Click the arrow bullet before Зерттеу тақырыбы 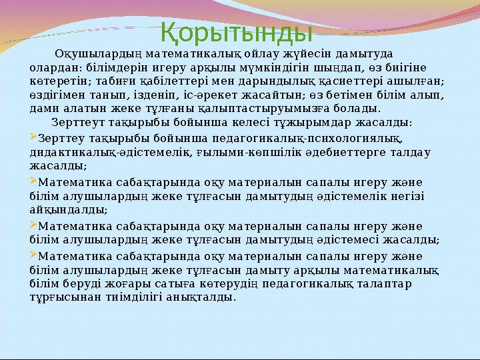coord(34,138)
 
